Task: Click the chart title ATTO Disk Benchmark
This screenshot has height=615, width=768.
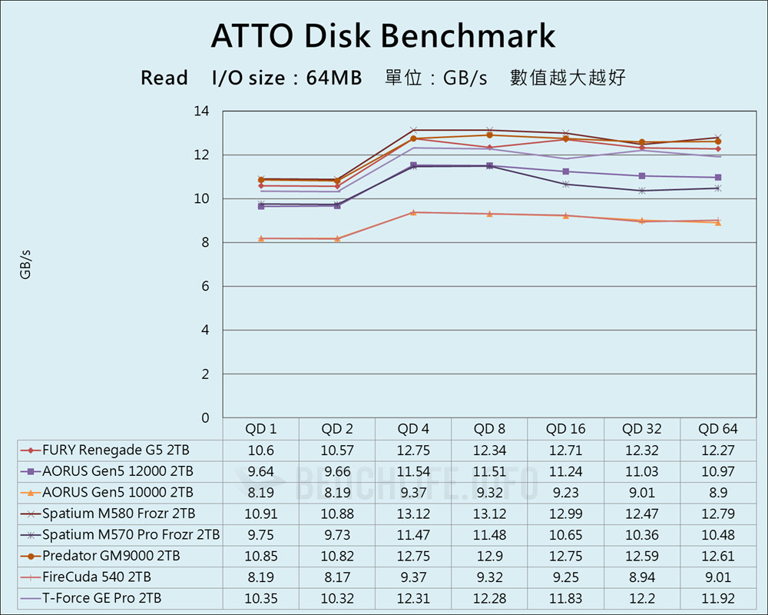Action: [382, 36]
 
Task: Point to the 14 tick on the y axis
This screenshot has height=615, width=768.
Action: [201, 111]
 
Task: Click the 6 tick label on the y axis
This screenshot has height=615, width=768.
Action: [205, 287]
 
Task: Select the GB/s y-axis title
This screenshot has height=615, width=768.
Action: [25, 264]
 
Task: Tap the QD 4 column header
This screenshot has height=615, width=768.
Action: [413, 429]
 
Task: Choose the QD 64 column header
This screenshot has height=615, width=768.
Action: [717, 429]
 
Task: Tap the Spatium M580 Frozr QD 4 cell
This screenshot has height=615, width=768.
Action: [413, 514]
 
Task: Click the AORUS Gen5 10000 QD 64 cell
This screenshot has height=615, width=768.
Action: [717, 493]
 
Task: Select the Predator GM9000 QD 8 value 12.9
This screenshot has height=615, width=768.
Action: [489, 556]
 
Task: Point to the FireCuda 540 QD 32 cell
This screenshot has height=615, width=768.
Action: [641, 577]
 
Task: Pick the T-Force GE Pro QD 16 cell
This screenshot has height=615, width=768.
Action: [565, 597]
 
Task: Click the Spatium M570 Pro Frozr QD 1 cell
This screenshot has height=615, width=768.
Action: [261, 534]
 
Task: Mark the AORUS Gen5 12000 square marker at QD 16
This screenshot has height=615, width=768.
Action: [566, 171]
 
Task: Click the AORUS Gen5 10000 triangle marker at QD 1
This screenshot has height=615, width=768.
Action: [261, 238]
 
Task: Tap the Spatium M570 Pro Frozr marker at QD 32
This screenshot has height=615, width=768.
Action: [642, 191]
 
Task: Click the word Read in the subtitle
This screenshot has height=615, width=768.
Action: [164, 78]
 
